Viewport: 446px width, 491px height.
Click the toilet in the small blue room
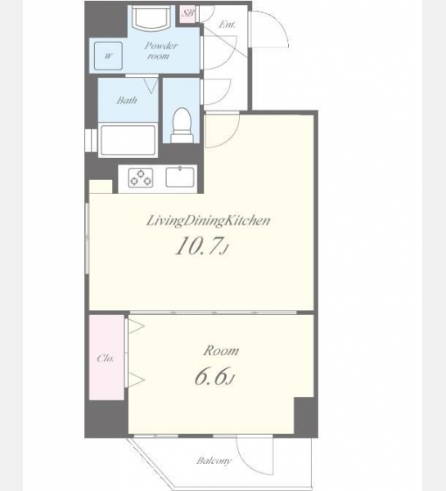point(182,125)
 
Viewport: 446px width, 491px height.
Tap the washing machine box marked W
point(108,56)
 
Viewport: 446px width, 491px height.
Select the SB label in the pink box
point(187,13)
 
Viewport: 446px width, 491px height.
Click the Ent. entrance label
point(227,25)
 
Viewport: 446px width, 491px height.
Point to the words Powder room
point(160,51)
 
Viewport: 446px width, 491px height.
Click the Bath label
point(127,100)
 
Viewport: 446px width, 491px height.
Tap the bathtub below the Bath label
point(128,140)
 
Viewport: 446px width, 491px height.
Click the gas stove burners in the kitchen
point(141,178)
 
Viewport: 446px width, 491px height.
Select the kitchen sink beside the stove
point(180,177)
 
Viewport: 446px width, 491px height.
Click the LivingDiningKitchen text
point(209,221)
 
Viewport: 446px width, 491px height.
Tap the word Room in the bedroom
point(221,351)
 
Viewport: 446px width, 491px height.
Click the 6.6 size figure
point(215,376)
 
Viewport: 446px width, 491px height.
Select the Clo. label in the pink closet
point(106,358)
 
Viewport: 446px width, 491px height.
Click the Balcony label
point(214,461)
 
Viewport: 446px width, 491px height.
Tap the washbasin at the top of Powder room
point(151,18)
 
